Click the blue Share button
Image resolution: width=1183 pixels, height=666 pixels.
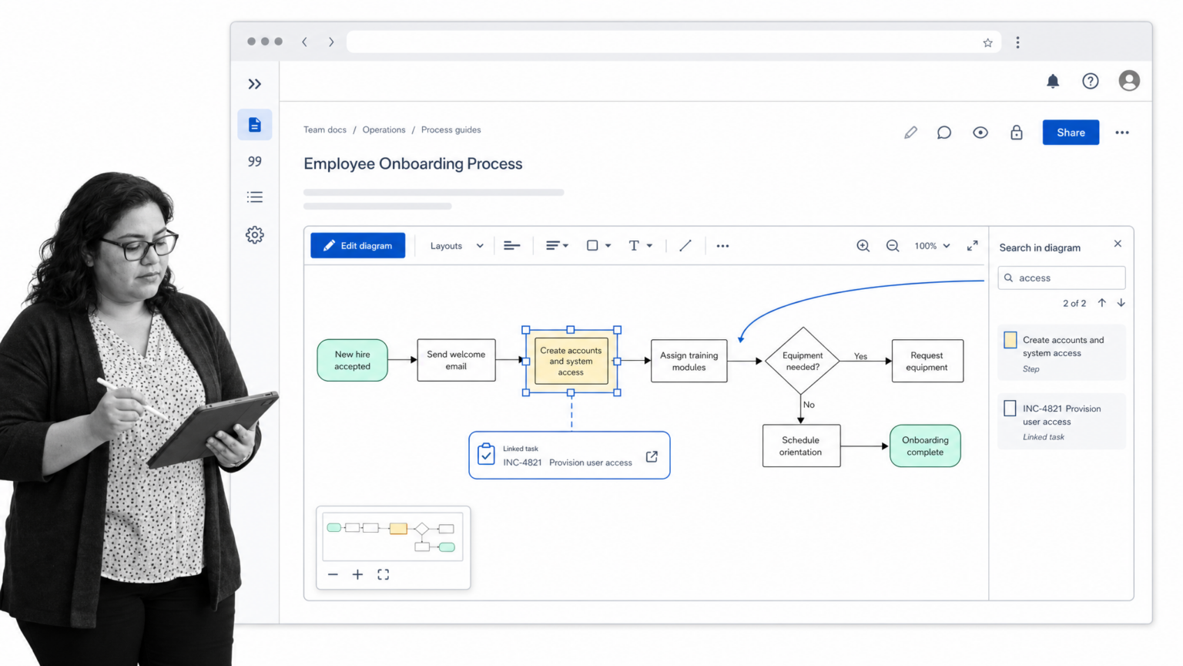pos(1071,133)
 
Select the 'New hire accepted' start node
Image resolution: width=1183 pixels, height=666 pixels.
pos(352,360)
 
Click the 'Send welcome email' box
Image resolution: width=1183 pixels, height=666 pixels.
pos(456,360)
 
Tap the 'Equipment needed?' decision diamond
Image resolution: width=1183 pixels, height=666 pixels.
pos(803,361)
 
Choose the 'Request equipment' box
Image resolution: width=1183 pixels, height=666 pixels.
pos(927,361)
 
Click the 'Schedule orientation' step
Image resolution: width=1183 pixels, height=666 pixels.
pos(801,446)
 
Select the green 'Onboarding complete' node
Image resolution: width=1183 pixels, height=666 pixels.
pos(925,446)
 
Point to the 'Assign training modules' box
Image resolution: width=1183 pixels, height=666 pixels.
pos(689,361)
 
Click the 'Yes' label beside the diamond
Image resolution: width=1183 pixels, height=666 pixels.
pos(860,356)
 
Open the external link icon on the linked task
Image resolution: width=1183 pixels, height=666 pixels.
pos(652,456)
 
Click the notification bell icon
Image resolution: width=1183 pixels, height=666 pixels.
pos(1053,81)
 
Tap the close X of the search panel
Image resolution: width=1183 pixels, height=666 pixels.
pos(1118,244)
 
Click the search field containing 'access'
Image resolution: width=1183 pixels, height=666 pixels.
pos(1061,277)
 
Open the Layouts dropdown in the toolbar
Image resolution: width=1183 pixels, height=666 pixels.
pos(456,246)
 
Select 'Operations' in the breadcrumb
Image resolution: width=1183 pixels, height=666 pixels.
pos(384,130)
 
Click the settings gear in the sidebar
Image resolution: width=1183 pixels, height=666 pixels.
pos(255,234)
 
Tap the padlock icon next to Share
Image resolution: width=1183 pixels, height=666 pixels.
pos(1016,132)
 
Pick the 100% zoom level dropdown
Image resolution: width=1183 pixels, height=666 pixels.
pos(932,246)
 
